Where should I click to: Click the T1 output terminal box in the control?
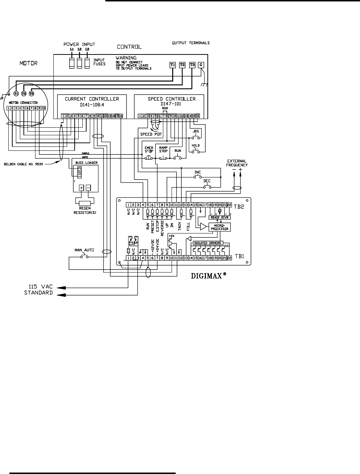click(x=173, y=65)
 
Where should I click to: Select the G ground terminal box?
click(x=201, y=65)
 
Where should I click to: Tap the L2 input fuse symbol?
click(x=80, y=63)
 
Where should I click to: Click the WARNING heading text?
click(x=126, y=58)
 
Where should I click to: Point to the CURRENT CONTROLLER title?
click(x=92, y=99)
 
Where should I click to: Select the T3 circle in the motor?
click(x=31, y=94)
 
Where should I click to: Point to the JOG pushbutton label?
click(x=196, y=131)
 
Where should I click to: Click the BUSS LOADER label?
click(x=84, y=163)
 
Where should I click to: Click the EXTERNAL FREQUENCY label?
click(x=237, y=163)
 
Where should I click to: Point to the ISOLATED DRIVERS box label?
click(x=207, y=243)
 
